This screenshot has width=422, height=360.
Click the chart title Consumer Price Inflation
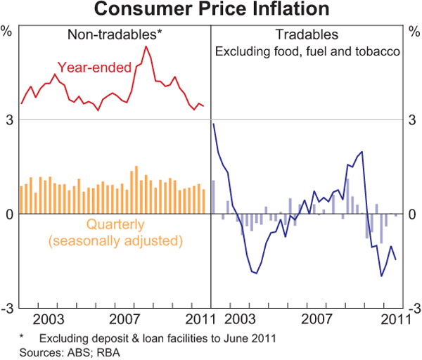pos(210,10)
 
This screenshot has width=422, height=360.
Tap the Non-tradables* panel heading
pos(115,34)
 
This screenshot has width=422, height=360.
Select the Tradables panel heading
pos(307,34)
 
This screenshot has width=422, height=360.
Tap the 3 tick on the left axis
pos(9,121)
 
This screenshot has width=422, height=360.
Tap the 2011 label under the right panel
pos(395,317)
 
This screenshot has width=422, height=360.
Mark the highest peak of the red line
pos(146,46)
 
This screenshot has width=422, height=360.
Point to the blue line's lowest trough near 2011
pos(381,276)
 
